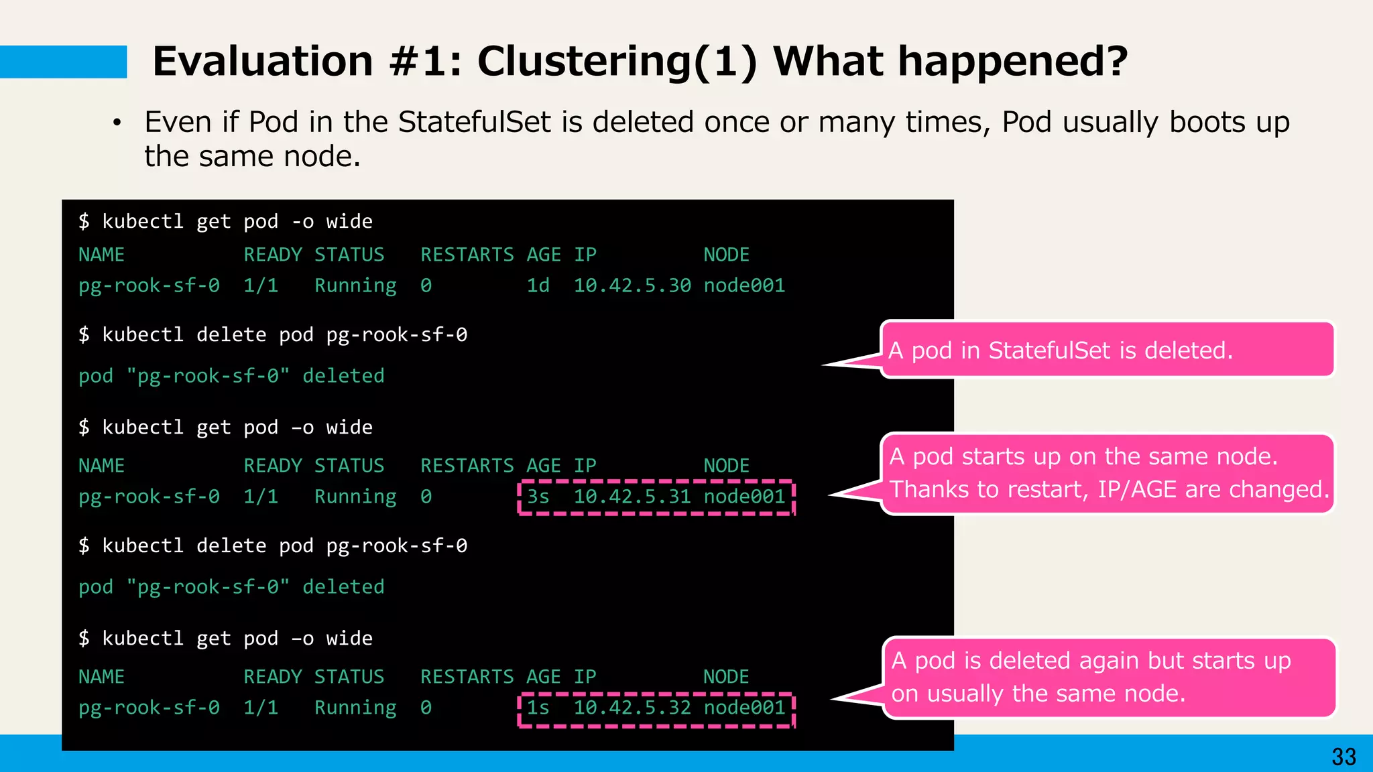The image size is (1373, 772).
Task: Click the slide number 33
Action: pos(1344,757)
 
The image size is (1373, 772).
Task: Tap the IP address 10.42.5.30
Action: pos(632,285)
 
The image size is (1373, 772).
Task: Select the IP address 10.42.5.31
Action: pos(632,497)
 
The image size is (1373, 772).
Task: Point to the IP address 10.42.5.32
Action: pos(632,708)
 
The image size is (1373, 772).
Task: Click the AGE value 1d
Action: pos(538,285)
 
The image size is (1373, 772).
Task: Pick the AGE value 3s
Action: pos(538,497)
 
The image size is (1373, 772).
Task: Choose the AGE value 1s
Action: pos(538,708)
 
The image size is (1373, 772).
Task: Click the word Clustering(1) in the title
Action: pos(617,62)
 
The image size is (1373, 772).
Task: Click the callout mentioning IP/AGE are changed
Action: pos(1108,474)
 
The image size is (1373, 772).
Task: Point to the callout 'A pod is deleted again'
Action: pos(1109,678)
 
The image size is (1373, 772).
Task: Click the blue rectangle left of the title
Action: pos(63,62)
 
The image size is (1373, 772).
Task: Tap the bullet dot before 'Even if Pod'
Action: pos(117,123)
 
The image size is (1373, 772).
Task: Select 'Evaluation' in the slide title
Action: pos(263,62)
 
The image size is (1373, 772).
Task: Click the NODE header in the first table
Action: pos(726,255)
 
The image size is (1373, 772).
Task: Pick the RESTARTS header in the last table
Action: pos(467,677)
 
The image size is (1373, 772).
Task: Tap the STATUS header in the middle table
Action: pos(349,466)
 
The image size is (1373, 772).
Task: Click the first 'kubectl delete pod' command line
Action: pos(273,334)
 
